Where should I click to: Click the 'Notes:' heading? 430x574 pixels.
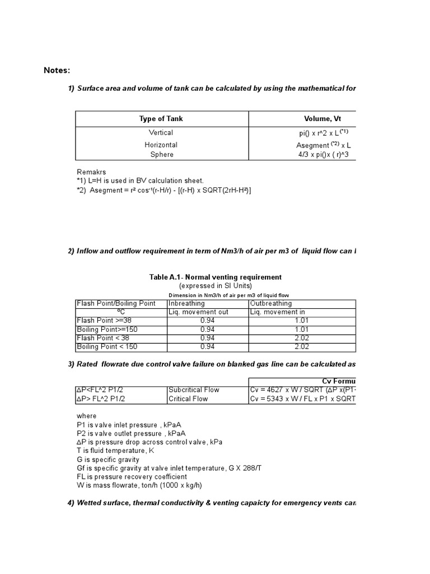coord(57,70)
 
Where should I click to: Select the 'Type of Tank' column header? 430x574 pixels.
coord(161,119)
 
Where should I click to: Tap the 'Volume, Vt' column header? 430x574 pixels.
coord(322,119)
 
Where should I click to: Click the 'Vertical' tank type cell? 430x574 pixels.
coord(161,132)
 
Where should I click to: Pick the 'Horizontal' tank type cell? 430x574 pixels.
coord(161,145)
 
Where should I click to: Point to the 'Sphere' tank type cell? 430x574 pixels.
coord(161,154)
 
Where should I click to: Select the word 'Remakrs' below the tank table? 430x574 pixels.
coord(91,172)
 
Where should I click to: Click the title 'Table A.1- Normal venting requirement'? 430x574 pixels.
coord(215,277)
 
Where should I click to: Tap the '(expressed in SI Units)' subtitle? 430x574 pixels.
coord(215,285)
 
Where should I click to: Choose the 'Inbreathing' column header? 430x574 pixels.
coord(186,303)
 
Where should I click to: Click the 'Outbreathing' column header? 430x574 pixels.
coord(270,303)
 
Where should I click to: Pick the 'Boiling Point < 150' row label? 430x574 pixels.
coord(106,346)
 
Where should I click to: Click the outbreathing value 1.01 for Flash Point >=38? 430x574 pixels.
coord(302,321)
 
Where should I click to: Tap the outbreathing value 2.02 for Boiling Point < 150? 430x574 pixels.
coord(302,346)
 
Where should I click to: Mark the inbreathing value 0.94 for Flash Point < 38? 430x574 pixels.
coord(208,338)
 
